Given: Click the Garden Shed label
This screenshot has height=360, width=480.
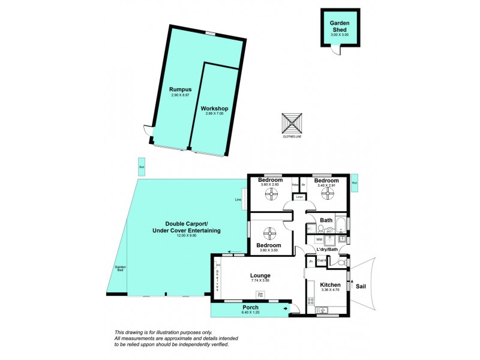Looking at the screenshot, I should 340,25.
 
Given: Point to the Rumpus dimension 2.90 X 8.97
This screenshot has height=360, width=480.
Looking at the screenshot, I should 180,95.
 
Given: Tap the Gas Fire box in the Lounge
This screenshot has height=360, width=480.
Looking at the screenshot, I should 261,294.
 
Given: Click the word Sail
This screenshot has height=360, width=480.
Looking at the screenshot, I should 361,287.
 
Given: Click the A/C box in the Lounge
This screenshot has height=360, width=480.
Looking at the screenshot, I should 218,265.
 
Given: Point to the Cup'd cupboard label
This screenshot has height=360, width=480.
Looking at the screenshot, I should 321,260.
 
